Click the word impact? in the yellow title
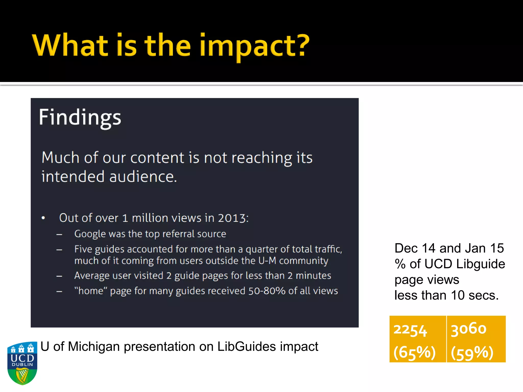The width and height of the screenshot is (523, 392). pos(254,46)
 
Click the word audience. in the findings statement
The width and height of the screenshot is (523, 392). pos(143,177)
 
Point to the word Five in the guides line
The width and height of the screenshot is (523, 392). pos(83,249)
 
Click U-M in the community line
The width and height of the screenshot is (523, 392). pos(267,261)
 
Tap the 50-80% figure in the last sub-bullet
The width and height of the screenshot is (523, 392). pos(267,291)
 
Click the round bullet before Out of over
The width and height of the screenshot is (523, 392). pos(43,218)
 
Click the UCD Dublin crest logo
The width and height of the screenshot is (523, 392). pos(22,363)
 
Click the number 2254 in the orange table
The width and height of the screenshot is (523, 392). pos(410,330)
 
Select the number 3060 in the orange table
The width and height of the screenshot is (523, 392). pos(468,329)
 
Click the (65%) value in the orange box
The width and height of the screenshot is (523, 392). pos(414,353)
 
